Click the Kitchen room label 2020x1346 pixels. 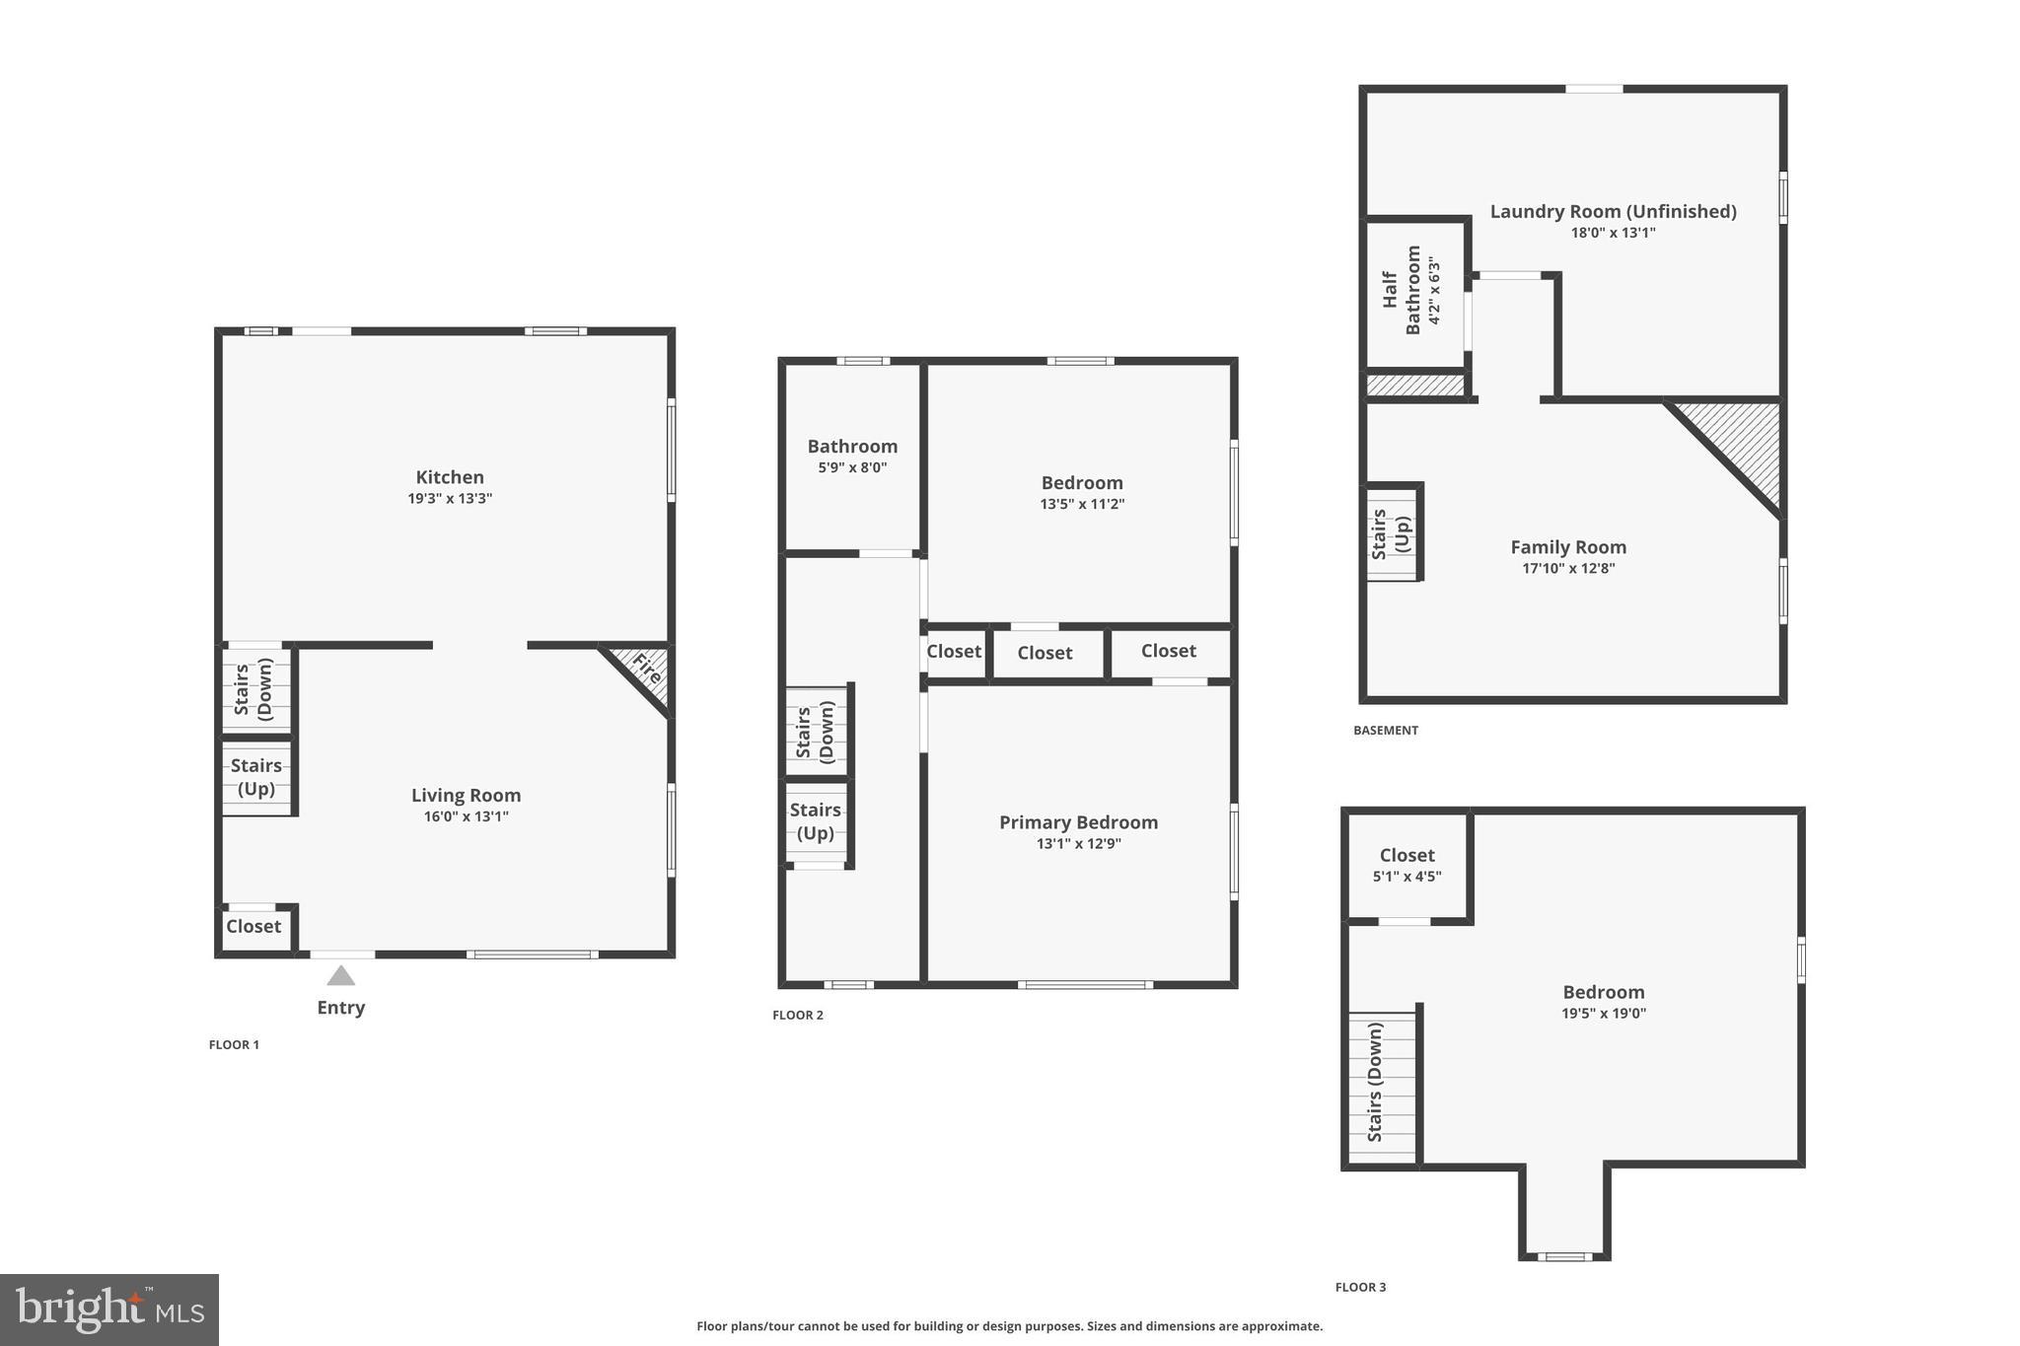tap(449, 477)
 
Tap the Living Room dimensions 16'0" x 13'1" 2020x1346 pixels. tap(467, 816)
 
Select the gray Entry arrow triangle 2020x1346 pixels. tap(340, 976)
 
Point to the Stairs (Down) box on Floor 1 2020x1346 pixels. tap(254, 688)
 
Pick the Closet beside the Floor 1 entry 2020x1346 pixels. tap(253, 927)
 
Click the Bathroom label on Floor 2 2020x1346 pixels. tap(852, 447)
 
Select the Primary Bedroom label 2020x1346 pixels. tap(1078, 822)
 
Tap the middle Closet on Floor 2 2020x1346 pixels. tap(1045, 653)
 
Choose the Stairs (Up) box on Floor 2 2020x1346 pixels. tap(815, 821)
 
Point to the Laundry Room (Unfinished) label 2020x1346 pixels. tap(1613, 211)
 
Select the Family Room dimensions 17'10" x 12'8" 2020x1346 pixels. tap(1568, 569)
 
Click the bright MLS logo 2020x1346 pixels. tap(109, 1310)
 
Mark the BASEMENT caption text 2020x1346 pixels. tap(1385, 731)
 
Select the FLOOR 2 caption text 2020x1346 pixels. tap(797, 1016)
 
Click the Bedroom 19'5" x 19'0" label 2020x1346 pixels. tap(1603, 993)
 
